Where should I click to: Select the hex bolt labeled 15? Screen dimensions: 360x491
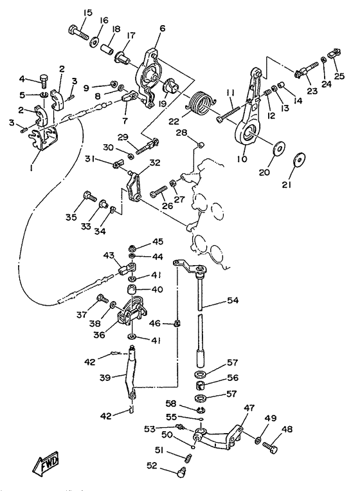[x=78, y=32]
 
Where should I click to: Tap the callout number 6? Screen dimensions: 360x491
[x=162, y=28]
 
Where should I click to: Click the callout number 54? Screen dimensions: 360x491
[x=232, y=301]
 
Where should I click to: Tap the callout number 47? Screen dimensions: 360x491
[x=249, y=408]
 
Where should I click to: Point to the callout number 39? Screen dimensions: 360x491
[x=105, y=378]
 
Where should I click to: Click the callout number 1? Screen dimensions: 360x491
[x=32, y=168]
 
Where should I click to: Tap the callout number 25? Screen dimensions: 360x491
[x=339, y=76]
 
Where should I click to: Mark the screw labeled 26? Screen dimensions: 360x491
[x=159, y=192]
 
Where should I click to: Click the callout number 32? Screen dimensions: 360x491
[x=155, y=163]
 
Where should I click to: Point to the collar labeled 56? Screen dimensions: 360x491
[x=199, y=385]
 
